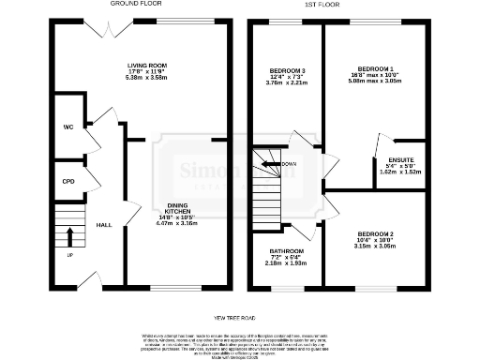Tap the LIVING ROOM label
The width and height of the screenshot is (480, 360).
(x=145, y=66)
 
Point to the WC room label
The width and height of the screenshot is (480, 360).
(x=67, y=127)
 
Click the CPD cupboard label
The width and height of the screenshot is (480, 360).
(x=67, y=181)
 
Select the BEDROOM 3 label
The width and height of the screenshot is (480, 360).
(x=287, y=70)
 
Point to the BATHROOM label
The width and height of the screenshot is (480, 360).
(x=287, y=250)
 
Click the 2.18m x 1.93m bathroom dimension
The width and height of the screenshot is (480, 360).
(x=287, y=263)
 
